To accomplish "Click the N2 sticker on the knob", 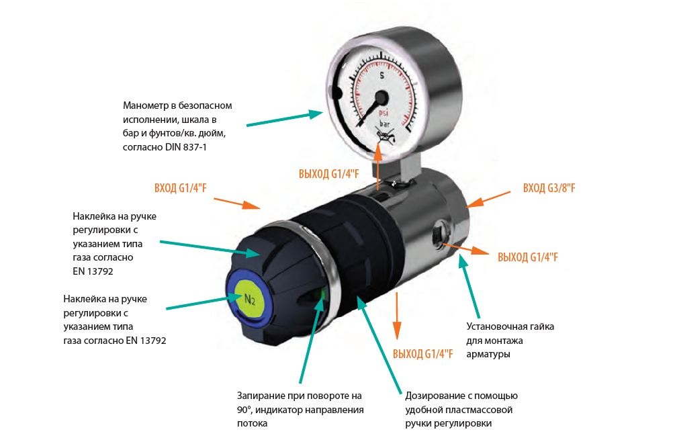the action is pos(249,299).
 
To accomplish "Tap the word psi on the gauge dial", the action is pos(383,112).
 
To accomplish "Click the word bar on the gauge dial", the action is pos(384,124).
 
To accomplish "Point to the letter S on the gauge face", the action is pos(381,75).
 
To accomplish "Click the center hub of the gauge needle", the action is pos(381,97).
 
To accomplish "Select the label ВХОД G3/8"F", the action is pos(549,188).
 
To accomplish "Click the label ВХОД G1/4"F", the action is pos(181,188).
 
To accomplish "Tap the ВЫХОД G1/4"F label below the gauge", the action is pos(329,174).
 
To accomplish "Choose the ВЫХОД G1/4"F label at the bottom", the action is pos(422,354).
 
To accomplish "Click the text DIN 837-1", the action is pos(186,147).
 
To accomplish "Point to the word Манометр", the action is pos(144,105).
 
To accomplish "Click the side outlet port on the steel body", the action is pos(439,234).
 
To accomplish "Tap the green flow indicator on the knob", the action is pos(322,296).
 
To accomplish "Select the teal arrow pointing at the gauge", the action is pos(285,119).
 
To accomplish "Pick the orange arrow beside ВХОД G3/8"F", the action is pos(488,200).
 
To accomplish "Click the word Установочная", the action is pos(494,326).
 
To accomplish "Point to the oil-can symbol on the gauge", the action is pos(385,138).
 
